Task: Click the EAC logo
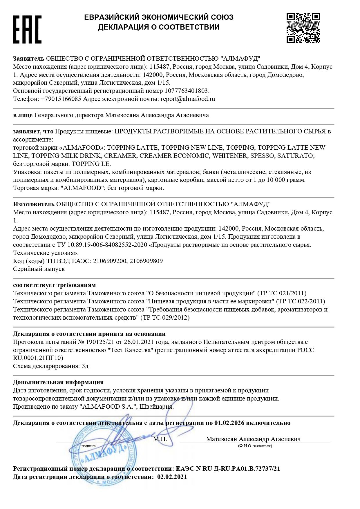[27, 30]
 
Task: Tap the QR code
[303, 28]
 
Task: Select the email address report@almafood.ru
[188, 99]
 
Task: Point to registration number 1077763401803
[187, 91]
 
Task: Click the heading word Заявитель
[28, 59]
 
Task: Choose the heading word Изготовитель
[34, 204]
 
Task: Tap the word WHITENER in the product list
[229, 156]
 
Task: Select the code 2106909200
[110, 261]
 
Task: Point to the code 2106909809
[146, 261]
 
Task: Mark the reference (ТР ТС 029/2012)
[165, 318]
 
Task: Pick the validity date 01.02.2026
[229, 423]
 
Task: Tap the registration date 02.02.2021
[172, 477]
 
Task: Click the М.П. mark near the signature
[160, 439]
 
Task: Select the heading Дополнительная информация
[58, 383]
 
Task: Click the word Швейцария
[157, 407]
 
